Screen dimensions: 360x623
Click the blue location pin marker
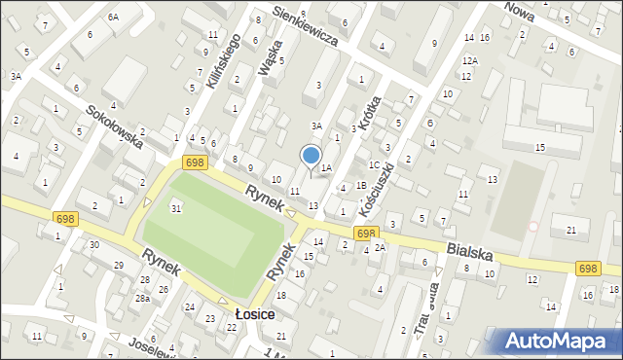click(x=311, y=155)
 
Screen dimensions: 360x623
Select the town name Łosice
click(x=255, y=315)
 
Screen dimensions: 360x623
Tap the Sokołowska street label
click(x=115, y=126)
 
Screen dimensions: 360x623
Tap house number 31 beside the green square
click(x=176, y=208)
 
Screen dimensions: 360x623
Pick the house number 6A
click(x=113, y=18)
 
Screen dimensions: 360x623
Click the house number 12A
click(x=470, y=60)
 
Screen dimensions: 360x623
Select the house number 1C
click(x=374, y=164)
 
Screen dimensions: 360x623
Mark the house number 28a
click(x=142, y=298)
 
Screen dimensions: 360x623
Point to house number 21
click(x=571, y=230)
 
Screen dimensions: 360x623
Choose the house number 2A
click(x=381, y=247)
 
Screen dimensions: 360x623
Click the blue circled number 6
click(x=429, y=124)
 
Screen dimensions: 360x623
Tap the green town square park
click(x=215, y=231)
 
